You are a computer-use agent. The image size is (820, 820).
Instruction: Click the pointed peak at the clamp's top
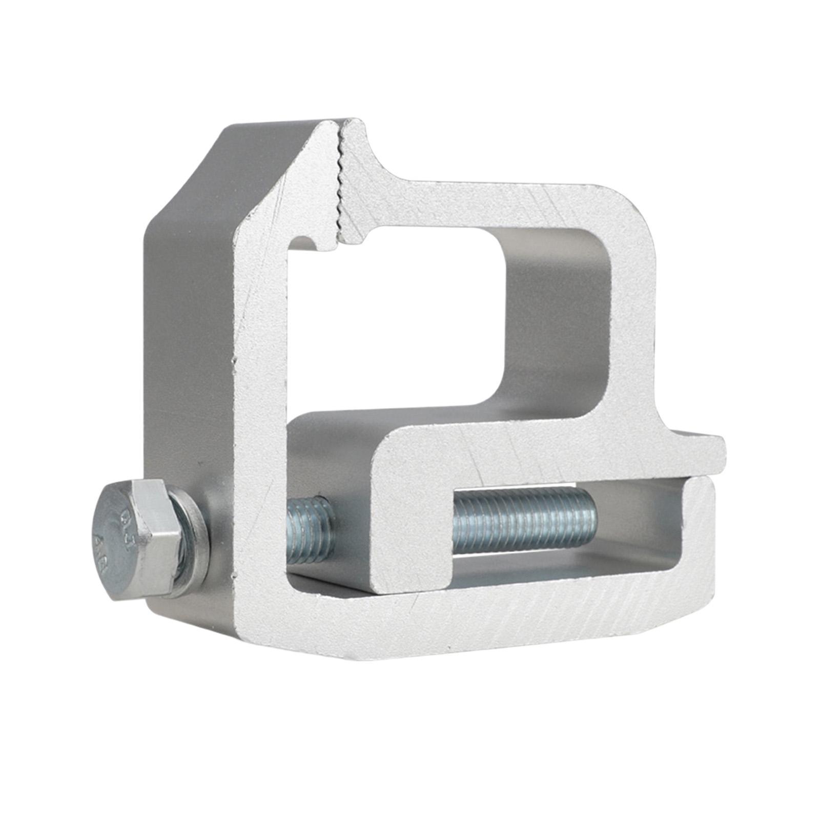point(328,123)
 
